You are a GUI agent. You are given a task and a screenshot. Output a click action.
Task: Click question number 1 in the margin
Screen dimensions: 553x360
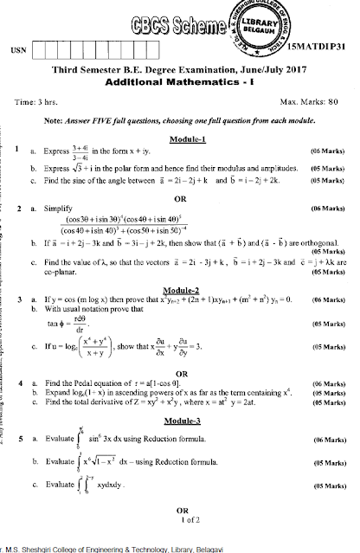pos(17,151)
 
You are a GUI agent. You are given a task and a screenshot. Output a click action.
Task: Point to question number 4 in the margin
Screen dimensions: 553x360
pos(17,380)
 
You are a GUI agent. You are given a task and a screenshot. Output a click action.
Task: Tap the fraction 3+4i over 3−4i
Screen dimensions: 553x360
pos(74,152)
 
